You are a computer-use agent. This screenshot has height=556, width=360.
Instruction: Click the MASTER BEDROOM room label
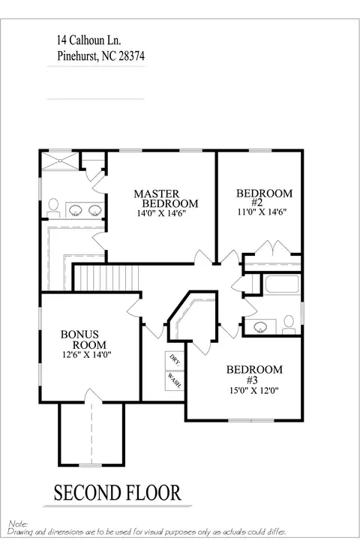(166, 199)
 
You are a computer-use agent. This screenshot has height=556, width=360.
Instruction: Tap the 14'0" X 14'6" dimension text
(161, 213)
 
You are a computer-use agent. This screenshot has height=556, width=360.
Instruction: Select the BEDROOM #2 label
(264, 198)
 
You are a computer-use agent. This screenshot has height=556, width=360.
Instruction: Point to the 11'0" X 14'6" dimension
(262, 212)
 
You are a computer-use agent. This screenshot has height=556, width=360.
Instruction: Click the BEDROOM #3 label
(254, 374)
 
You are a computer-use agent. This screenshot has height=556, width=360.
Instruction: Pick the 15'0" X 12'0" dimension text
(254, 391)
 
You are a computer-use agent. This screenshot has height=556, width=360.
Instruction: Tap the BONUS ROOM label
(83, 339)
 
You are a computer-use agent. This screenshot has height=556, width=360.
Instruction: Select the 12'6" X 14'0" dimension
(87, 355)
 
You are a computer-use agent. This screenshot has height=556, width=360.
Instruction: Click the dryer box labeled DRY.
(174, 360)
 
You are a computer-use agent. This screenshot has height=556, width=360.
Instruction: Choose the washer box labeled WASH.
(174, 381)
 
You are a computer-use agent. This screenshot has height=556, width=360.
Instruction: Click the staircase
(107, 278)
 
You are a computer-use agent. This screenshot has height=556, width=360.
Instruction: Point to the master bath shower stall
(60, 161)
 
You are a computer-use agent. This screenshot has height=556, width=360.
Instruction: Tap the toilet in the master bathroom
(53, 208)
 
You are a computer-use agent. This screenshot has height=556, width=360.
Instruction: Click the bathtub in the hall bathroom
(283, 284)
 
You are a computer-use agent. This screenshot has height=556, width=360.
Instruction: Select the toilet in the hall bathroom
(289, 325)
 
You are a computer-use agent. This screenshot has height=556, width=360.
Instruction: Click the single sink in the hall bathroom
(261, 326)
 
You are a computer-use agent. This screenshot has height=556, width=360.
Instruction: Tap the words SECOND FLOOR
(117, 493)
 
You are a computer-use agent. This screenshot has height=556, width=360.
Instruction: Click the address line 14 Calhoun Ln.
(89, 40)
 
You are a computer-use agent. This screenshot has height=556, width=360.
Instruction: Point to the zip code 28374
(131, 56)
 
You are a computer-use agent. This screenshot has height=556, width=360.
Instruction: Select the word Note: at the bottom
(18, 524)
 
